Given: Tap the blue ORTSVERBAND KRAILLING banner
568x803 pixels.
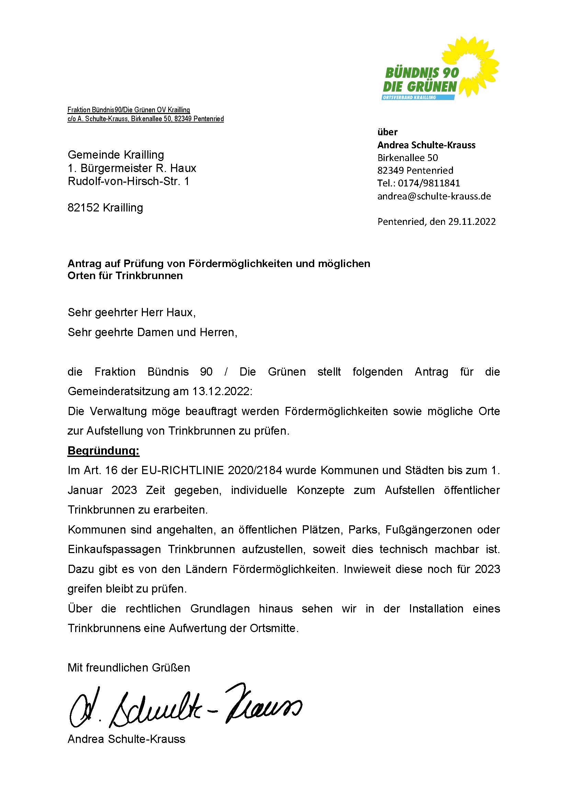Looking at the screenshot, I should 418,97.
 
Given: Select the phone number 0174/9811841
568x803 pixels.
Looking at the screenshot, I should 429,183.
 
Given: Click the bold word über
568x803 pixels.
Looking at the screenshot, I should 387,132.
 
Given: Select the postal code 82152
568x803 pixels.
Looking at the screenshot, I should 83,208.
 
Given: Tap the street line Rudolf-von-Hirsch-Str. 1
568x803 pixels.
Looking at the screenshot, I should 128,181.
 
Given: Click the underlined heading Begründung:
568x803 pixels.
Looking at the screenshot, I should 103,451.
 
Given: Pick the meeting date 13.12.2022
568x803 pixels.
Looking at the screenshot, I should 221,391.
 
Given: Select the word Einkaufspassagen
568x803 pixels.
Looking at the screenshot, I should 114,549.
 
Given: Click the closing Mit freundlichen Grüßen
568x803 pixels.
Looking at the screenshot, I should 129,668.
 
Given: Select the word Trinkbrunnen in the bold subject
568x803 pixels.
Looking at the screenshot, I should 149,276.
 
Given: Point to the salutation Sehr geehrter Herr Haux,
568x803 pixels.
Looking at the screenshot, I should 132,312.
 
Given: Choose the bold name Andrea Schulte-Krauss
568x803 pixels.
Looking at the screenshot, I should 427,145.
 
